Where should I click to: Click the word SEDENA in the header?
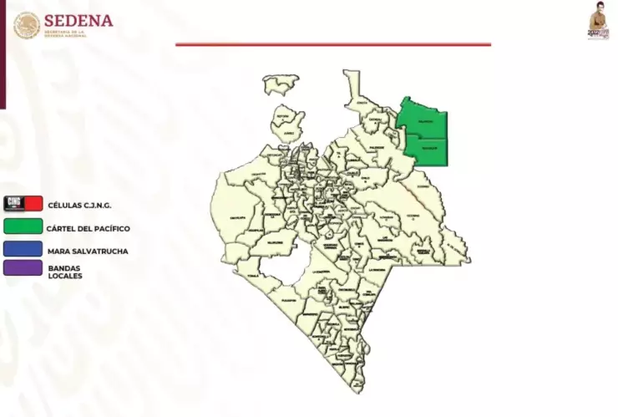[x=78, y=19]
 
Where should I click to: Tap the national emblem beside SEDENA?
[x=26, y=25]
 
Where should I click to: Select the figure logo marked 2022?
[x=598, y=22]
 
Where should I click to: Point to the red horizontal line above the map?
[x=333, y=44]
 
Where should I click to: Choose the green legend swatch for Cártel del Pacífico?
[x=23, y=226]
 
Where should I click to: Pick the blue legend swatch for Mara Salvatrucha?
[x=23, y=248]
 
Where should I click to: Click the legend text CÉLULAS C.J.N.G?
[x=79, y=205]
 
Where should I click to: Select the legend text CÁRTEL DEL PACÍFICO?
[x=89, y=227]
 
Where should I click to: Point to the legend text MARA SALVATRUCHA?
[x=88, y=250]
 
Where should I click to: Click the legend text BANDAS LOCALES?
[x=65, y=272]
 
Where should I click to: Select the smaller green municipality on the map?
[x=428, y=150]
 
